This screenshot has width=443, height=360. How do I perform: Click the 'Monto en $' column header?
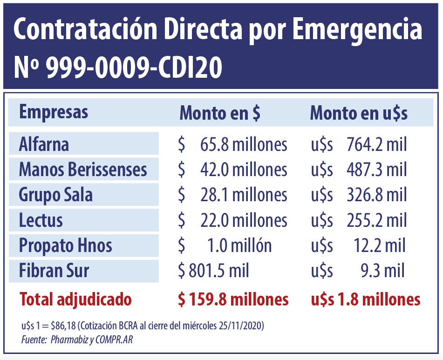pos(220,114)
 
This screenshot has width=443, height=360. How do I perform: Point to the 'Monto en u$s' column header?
pos(359,114)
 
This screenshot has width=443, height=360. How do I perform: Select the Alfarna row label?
pos(44,144)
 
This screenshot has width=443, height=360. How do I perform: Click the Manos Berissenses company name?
pos(83,170)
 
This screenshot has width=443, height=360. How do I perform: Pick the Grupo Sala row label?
pos(55,195)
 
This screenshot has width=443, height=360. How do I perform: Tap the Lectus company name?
pos(41,220)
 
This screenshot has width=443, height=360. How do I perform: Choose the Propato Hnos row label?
pos(65,245)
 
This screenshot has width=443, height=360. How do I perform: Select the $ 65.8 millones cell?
pos(232,144)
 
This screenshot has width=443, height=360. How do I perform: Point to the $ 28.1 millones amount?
pos(232,195)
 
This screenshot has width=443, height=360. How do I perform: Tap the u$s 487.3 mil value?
pos(359,170)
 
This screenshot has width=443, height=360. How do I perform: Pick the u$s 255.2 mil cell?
pos(359,220)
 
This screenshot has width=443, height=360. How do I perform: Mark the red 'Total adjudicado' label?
pos(75,299)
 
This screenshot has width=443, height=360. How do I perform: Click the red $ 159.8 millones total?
pos(233,299)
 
